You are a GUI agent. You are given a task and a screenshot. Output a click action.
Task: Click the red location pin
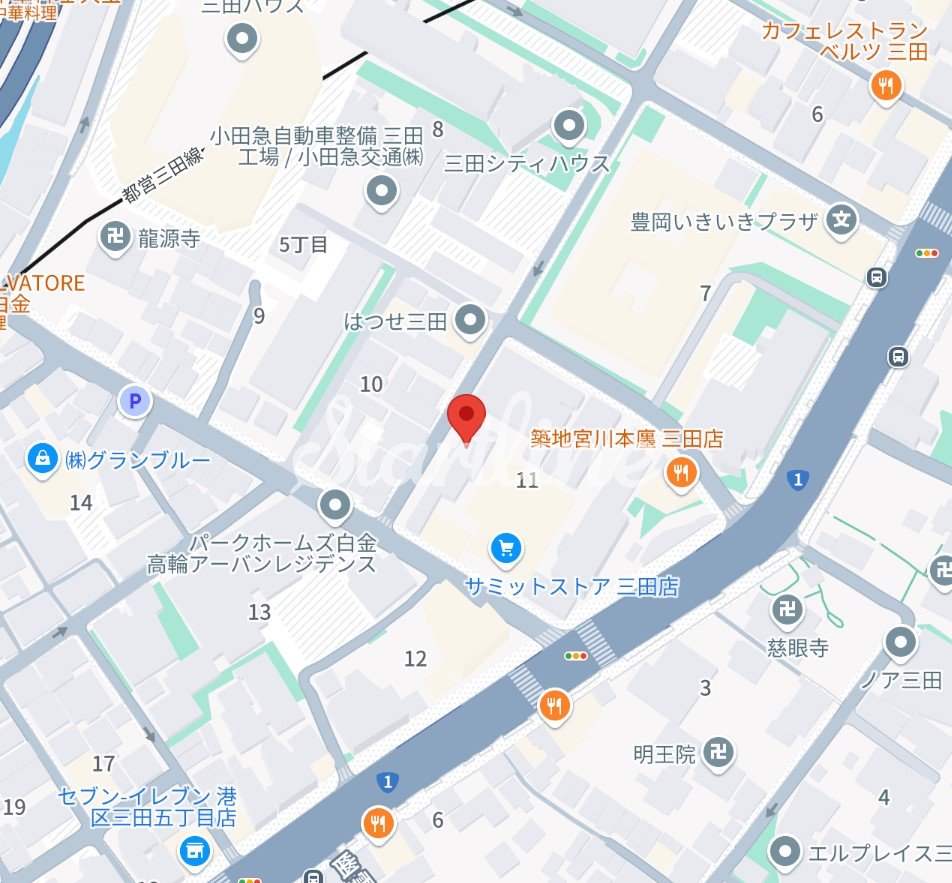coord(465,416)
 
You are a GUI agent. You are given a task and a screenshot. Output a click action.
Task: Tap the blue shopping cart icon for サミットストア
coord(506,547)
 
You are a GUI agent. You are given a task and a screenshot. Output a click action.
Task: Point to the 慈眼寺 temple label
coord(799,647)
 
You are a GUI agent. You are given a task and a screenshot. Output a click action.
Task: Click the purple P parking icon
coord(134,402)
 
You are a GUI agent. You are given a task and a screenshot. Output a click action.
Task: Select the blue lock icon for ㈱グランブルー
coord(43,459)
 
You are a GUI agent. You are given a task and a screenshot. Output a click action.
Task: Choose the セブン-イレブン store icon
coord(193,851)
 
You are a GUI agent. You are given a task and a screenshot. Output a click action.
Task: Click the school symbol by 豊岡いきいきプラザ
coord(844,220)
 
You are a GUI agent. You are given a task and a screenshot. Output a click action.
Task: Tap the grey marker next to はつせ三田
coord(470,321)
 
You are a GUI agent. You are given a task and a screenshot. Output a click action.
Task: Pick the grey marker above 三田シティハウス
coord(569,127)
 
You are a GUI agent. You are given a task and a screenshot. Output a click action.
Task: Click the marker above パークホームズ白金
coord(336,506)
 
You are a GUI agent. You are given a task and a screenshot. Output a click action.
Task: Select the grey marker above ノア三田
coord(902,642)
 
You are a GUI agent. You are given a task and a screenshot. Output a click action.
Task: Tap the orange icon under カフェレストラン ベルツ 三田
coord(885,86)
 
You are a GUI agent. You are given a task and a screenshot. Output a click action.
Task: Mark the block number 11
coord(527,481)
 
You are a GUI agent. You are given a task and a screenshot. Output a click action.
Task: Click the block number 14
coord(81,502)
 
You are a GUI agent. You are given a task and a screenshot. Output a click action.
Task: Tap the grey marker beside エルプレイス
coord(787,853)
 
